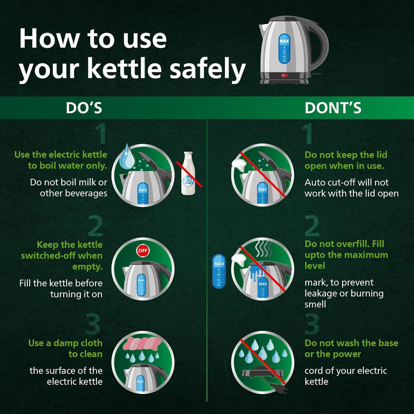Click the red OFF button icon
click(143, 250)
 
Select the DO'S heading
click(84, 108)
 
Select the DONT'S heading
click(333, 108)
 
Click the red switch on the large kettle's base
click(284, 75)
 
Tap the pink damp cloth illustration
click(144, 343)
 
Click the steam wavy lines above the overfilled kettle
click(263, 248)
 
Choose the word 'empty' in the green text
click(87, 267)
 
